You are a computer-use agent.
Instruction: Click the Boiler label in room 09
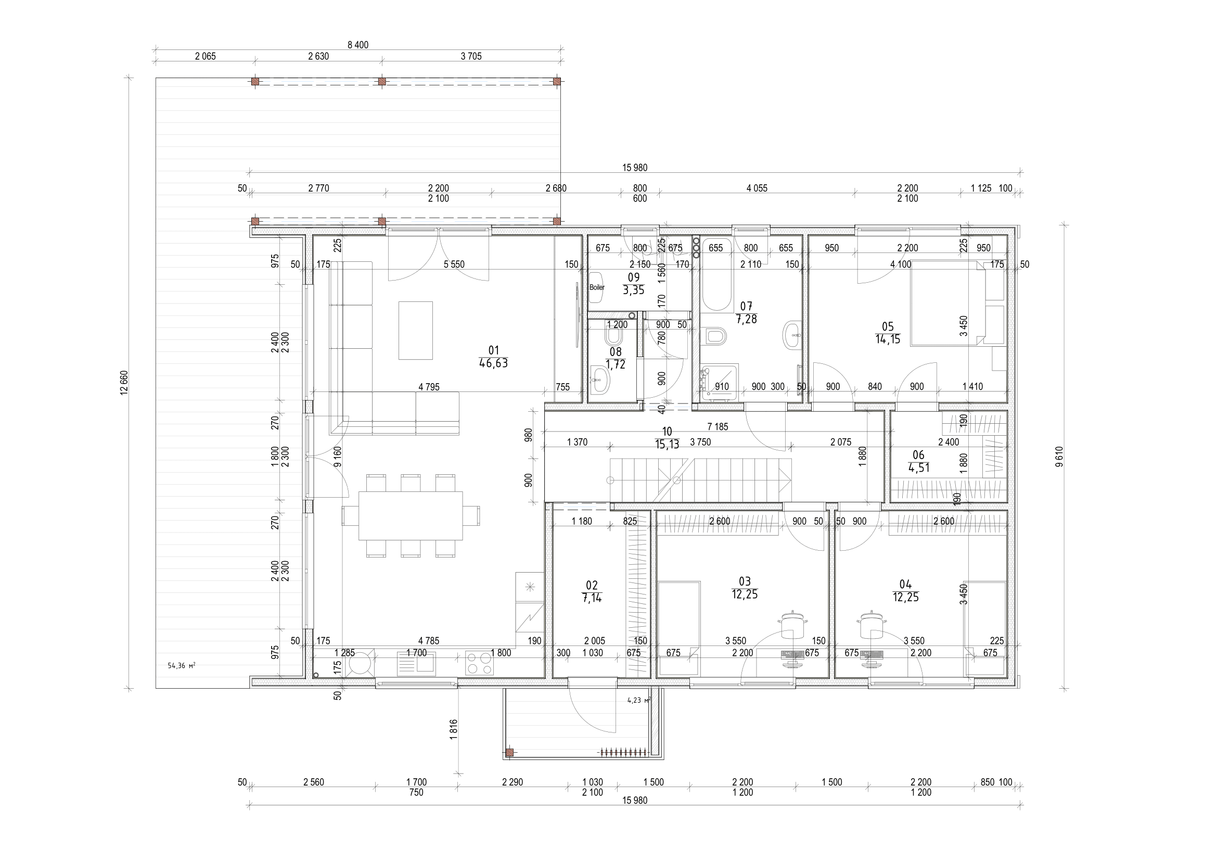[597, 287]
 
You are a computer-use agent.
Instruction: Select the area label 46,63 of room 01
[493, 364]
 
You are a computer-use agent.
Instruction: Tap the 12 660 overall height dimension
[124, 383]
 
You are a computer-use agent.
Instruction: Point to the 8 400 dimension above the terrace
[358, 45]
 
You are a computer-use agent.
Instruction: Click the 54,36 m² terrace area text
[181, 665]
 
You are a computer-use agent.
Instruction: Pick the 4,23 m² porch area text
[638, 700]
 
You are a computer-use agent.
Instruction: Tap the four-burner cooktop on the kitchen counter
[479, 663]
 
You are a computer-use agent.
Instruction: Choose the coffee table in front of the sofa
[416, 331]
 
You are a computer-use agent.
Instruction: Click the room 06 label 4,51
[918, 468]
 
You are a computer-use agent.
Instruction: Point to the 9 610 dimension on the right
[1059, 457]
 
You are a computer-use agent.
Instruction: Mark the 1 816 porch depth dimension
[453, 729]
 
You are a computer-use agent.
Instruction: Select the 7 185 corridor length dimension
[717, 426]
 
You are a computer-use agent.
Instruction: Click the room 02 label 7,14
[592, 598]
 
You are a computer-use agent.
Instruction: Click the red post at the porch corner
[509, 752]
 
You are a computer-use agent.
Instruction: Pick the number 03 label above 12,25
[745, 582]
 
